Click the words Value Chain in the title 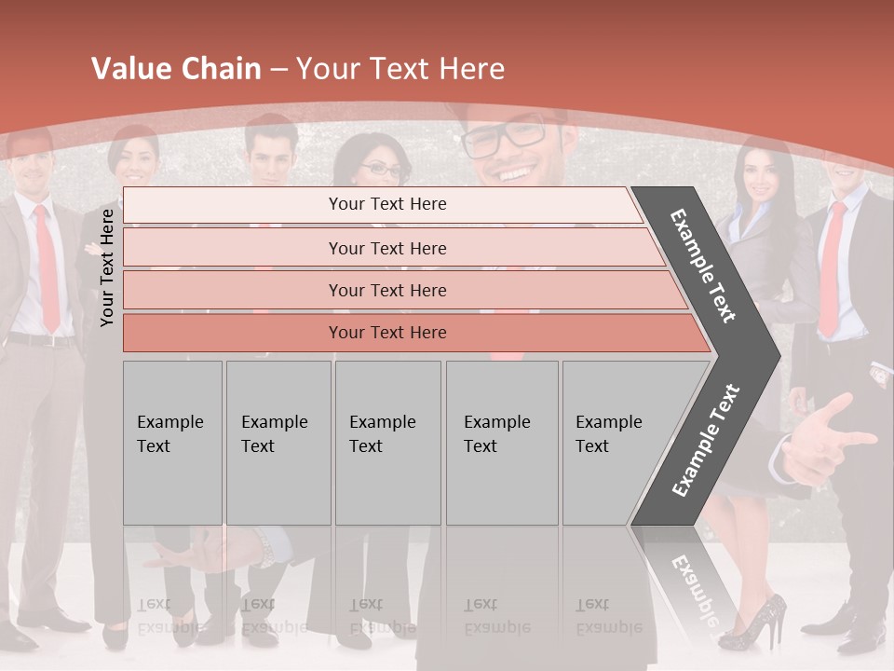click(x=176, y=69)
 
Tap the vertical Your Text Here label click(x=107, y=267)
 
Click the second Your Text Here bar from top click(x=387, y=248)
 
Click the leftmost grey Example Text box click(x=172, y=443)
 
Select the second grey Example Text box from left click(x=278, y=443)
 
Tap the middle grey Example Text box click(x=387, y=443)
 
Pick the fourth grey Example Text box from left click(x=502, y=443)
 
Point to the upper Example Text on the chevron click(x=703, y=266)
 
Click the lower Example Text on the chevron click(x=706, y=440)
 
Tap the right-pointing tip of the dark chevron click(x=775, y=355)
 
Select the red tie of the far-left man click(x=46, y=270)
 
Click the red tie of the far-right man click(x=832, y=270)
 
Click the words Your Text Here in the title click(x=400, y=69)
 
